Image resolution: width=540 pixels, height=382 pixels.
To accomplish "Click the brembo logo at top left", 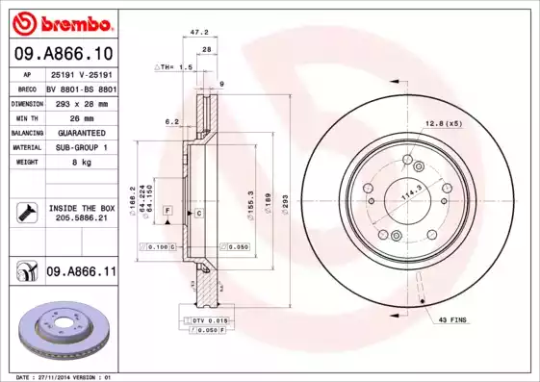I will (62, 22).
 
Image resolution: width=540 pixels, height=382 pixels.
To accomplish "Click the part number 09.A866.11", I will (81, 273).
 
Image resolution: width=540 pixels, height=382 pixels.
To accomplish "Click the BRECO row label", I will (28, 87).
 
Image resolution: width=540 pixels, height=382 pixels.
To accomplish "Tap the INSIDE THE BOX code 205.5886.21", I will (81, 218).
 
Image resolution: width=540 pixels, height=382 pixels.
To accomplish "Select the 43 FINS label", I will (454, 319).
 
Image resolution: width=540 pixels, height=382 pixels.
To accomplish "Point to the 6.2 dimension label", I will (172, 121).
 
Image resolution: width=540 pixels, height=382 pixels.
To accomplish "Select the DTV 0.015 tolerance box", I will (205, 319).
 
